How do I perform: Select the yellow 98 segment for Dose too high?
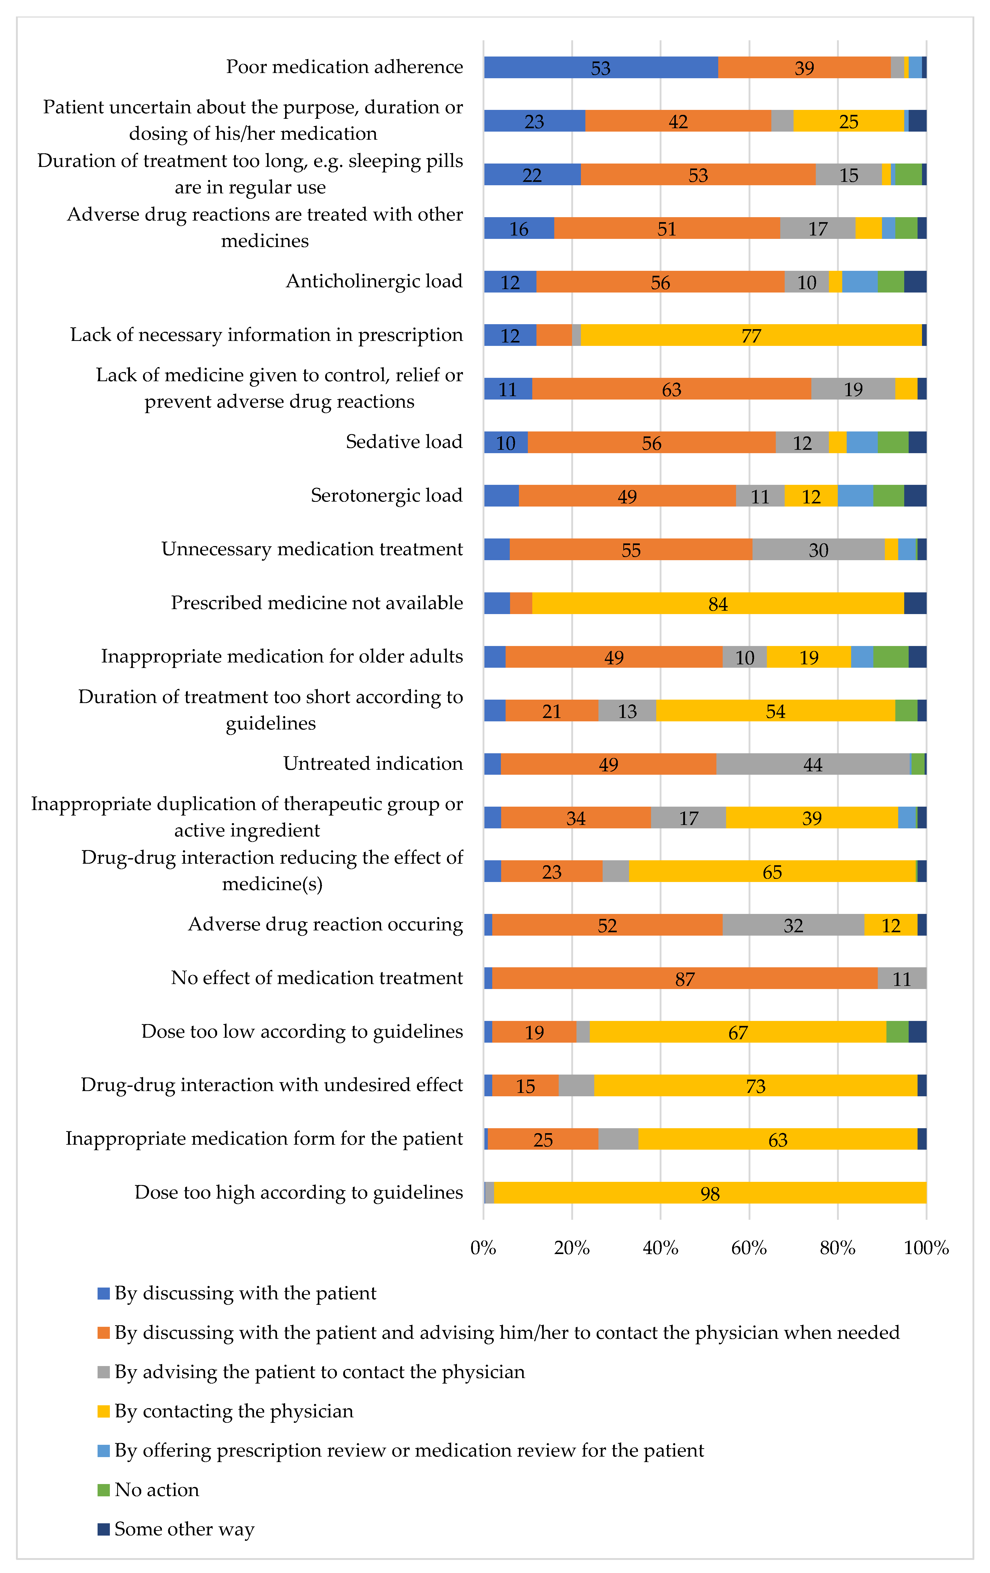pyautogui.click(x=710, y=1193)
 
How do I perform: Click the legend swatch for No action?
pyautogui.click(x=103, y=1490)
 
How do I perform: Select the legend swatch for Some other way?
pyautogui.click(x=103, y=1529)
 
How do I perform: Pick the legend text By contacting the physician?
pyautogui.click(x=234, y=1411)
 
